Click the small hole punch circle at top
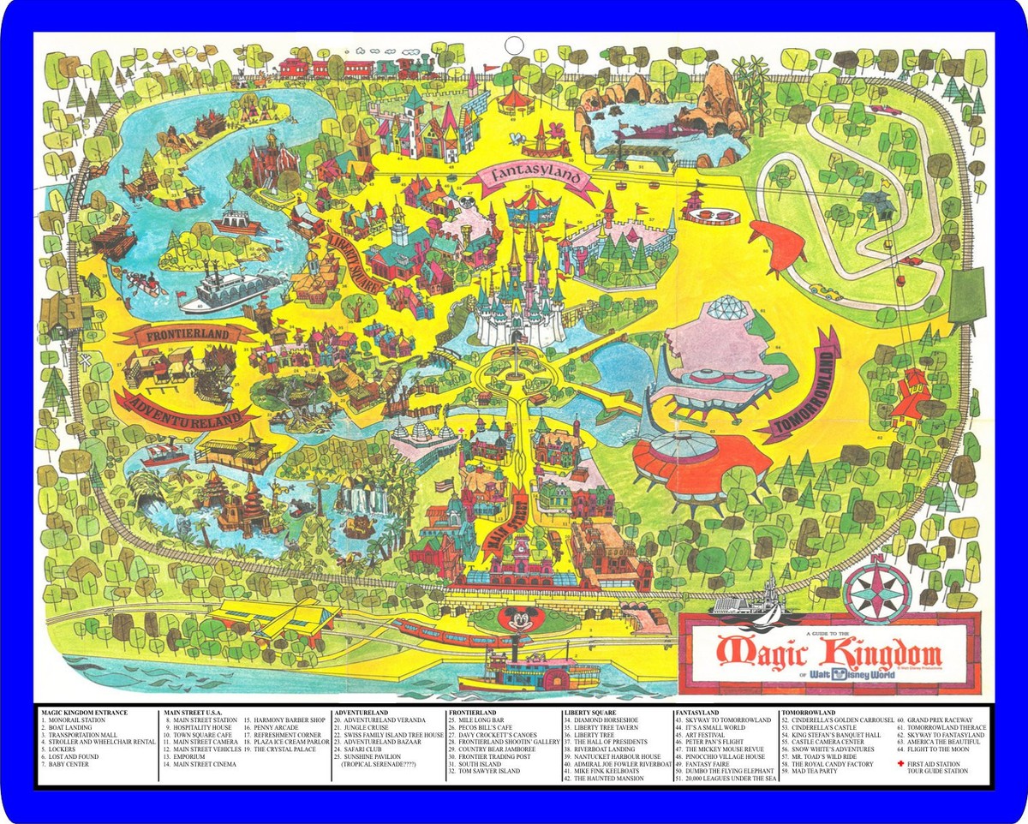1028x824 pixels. [513, 45]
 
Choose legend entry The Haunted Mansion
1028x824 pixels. [603, 779]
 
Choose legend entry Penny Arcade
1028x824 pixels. [274, 728]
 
